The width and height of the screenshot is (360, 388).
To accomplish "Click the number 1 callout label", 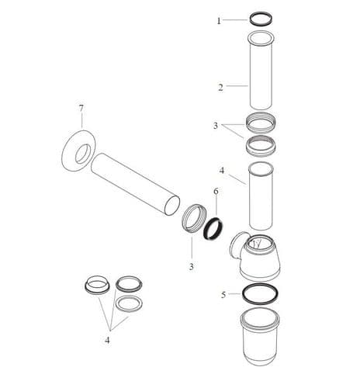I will (219, 20).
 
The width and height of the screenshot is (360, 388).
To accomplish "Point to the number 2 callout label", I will (220, 88).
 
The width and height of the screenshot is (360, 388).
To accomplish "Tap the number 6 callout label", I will (216, 190).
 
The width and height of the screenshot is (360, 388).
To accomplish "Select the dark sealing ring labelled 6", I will (213, 227).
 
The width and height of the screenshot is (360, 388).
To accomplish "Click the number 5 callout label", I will (223, 295).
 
